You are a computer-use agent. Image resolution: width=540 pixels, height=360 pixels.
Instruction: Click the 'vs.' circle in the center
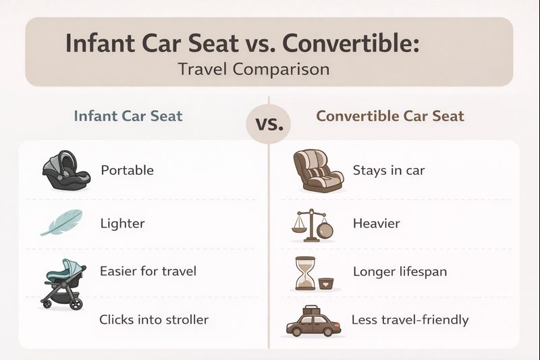(x=269, y=124)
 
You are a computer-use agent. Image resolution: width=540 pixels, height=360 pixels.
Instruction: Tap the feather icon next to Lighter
(x=61, y=222)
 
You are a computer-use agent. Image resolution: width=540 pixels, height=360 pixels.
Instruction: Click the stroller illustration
(x=63, y=283)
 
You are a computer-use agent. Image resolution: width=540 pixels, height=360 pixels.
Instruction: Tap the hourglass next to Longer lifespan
(x=305, y=273)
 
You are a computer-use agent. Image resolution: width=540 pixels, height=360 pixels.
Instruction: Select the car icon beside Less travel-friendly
(x=313, y=321)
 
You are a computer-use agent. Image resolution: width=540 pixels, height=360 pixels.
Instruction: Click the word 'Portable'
(x=127, y=170)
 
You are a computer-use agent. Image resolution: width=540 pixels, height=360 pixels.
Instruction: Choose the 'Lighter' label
(x=122, y=223)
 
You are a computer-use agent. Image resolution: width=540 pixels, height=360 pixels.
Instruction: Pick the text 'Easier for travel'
(x=148, y=272)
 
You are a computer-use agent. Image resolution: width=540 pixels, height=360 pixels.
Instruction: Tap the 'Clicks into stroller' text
(x=154, y=319)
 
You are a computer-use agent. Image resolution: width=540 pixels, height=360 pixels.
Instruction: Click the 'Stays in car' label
(x=389, y=170)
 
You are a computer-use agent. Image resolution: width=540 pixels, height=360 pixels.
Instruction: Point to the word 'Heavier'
(x=376, y=223)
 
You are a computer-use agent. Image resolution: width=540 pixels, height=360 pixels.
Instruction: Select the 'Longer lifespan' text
(x=400, y=272)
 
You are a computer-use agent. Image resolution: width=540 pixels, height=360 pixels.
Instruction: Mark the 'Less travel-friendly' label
(x=410, y=319)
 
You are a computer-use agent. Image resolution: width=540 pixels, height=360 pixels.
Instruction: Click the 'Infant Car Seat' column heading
(x=128, y=115)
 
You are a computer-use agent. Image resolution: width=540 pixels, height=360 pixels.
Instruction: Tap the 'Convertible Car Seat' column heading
(x=390, y=115)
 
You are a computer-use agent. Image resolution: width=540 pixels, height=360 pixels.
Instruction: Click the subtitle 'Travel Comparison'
(x=253, y=69)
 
